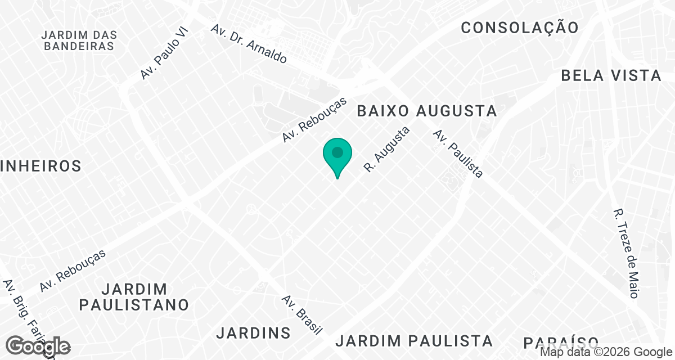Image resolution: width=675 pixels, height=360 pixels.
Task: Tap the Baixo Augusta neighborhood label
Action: (x=427, y=111)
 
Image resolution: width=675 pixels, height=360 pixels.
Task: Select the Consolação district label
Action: (x=519, y=27)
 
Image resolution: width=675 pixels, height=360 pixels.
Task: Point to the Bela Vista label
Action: (x=611, y=75)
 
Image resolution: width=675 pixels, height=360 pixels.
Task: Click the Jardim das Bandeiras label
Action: (x=78, y=40)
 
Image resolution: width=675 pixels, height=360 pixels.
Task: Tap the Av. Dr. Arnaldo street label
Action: (x=249, y=43)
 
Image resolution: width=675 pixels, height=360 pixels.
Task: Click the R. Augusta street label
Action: (x=387, y=149)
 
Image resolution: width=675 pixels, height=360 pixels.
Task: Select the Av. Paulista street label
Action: (x=458, y=154)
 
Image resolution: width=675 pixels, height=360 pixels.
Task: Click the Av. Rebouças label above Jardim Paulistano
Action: (x=73, y=271)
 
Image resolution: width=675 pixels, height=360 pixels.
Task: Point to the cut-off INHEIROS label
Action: (x=41, y=166)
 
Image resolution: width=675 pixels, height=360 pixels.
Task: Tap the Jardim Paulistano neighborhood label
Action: (x=134, y=297)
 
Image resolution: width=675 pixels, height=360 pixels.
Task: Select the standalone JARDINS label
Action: (x=253, y=332)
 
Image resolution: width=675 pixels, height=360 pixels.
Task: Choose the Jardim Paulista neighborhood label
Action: (x=414, y=340)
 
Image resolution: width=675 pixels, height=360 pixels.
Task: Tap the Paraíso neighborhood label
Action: (x=561, y=343)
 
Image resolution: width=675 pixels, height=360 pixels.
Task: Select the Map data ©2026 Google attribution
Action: (x=605, y=352)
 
